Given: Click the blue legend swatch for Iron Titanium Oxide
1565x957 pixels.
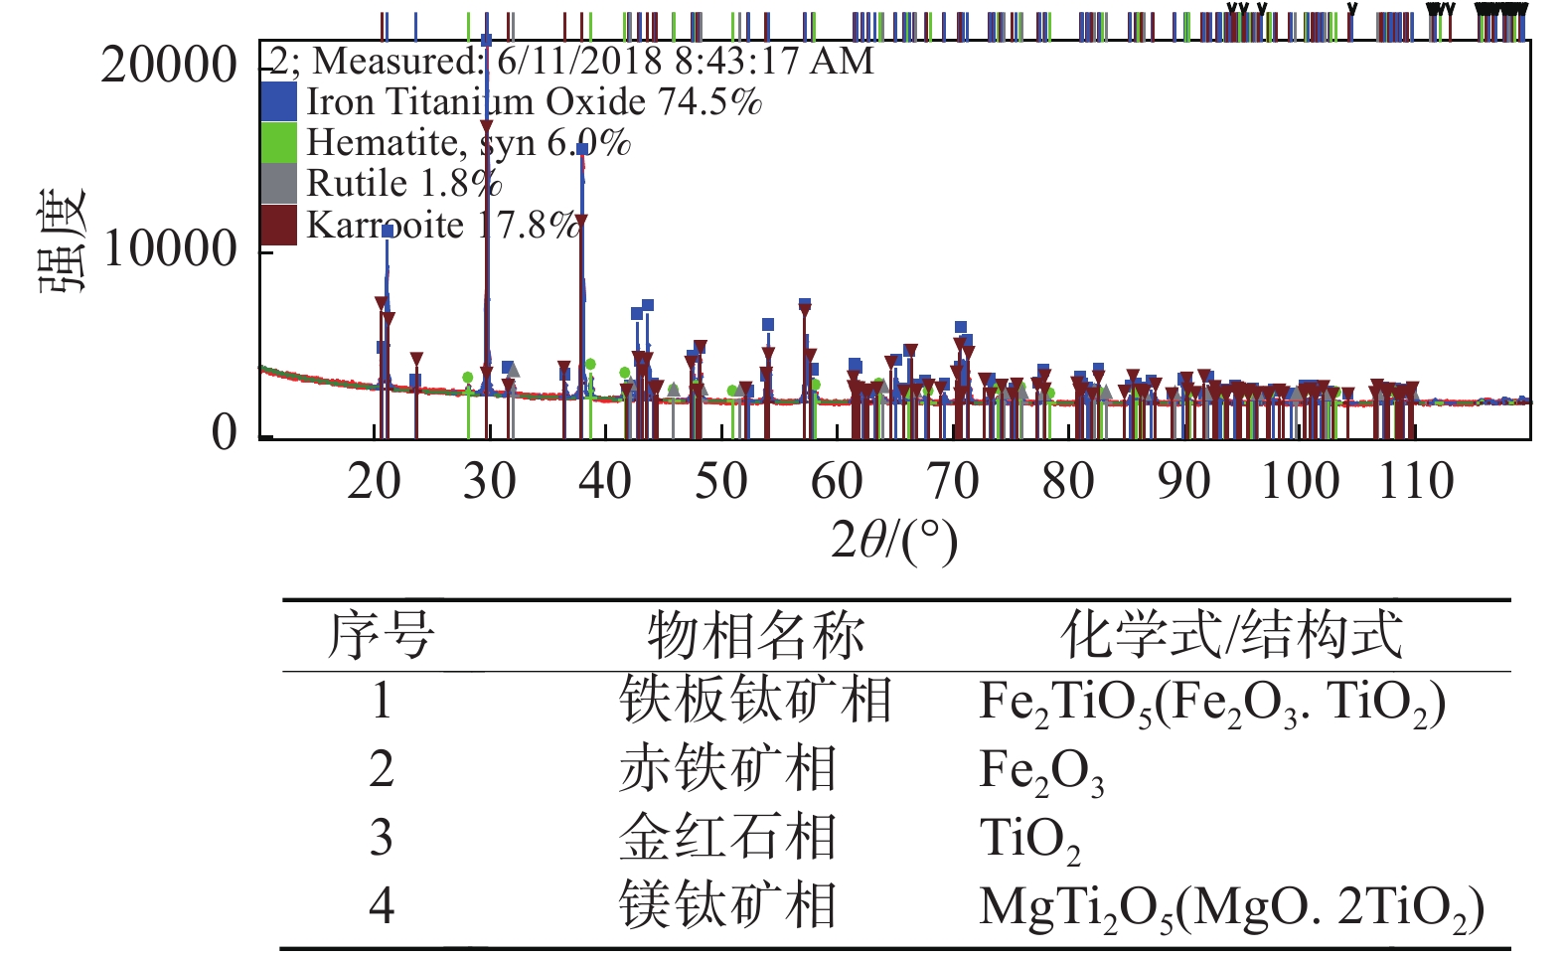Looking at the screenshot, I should point(278,101).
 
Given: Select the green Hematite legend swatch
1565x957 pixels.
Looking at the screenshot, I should point(278,142).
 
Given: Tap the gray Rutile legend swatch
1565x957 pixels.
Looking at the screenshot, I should point(278,184).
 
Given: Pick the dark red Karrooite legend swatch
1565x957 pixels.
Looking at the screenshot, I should point(278,225).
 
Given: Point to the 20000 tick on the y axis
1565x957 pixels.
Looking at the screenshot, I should point(169,66).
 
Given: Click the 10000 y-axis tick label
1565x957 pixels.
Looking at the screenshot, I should point(169,248).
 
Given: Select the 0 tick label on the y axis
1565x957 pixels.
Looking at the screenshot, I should point(225,432).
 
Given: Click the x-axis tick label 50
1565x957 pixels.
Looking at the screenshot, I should point(720,482).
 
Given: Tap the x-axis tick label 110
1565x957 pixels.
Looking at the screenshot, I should point(1415,482).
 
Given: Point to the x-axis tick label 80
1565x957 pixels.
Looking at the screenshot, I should point(1068,482).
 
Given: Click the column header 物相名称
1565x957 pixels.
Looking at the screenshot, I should point(755,636).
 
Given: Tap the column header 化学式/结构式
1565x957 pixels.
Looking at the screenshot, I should point(1231,636).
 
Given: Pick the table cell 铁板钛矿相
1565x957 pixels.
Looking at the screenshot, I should point(755,701).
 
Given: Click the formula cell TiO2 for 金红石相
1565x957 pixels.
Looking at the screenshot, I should point(1029,839).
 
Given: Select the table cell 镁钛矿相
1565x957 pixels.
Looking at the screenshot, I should point(727,906).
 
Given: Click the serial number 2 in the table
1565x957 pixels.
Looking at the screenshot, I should point(382,770).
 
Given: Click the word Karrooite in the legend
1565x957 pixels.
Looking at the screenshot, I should point(385,226).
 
